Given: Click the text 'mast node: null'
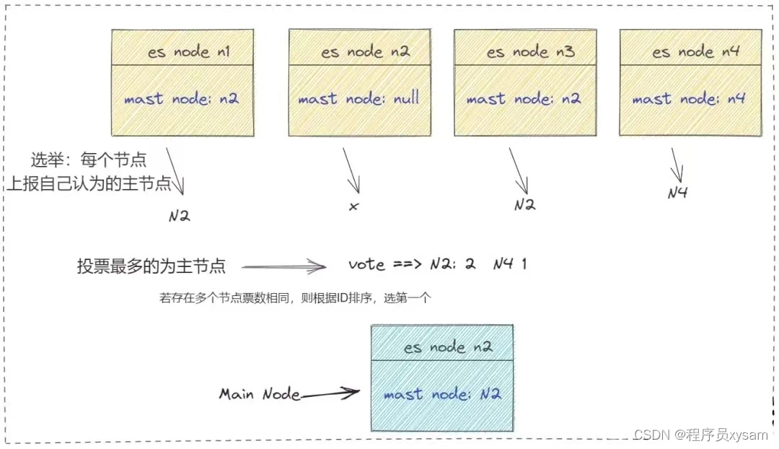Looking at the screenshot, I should (358, 99).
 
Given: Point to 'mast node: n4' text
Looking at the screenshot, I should (688, 99).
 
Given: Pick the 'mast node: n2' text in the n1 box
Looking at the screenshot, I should (181, 99).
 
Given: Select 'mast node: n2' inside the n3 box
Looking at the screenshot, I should (524, 99).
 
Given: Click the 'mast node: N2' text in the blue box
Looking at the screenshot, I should (441, 394).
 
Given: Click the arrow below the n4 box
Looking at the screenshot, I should (677, 166).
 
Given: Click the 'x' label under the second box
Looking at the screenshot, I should (353, 206).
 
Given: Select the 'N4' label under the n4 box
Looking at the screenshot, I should (677, 193).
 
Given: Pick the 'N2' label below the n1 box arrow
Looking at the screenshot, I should (179, 215).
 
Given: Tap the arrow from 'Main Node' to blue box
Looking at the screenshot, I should (330, 394).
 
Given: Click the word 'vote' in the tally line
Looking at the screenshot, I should (366, 264).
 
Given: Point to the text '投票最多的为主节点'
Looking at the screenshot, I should (151, 266).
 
